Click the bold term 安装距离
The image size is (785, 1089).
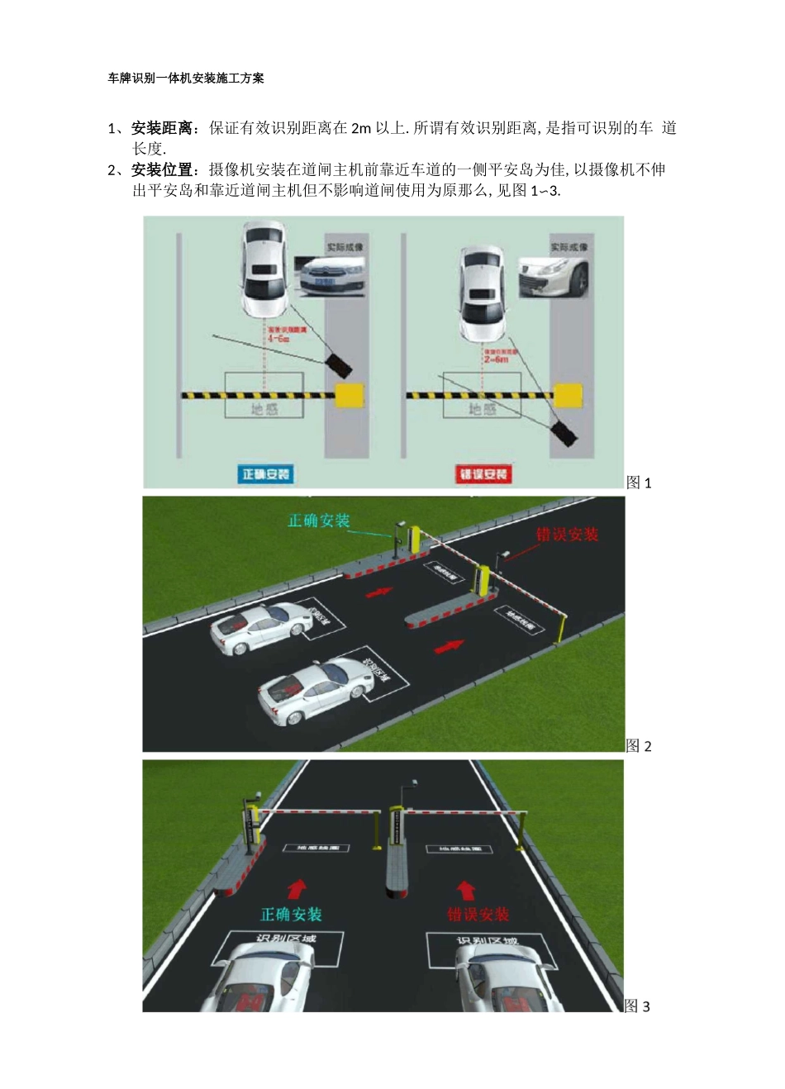click(x=162, y=128)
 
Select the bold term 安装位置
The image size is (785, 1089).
click(x=162, y=170)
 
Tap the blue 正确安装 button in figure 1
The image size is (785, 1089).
click(x=266, y=474)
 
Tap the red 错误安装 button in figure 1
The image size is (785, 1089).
click(x=484, y=474)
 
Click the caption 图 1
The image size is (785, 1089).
click(x=639, y=483)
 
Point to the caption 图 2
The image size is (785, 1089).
click(x=639, y=746)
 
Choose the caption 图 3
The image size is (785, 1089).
click(x=638, y=1006)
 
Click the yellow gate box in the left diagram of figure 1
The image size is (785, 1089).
click(x=350, y=395)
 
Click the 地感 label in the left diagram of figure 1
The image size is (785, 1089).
click(x=264, y=409)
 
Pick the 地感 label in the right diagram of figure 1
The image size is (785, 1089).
click(x=483, y=409)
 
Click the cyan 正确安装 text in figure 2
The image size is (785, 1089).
click(x=319, y=521)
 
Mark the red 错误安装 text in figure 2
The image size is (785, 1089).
click(x=567, y=535)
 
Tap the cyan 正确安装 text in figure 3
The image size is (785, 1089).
click(x=291, y=915)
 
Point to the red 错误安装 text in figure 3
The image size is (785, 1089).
click(x=478, y=915)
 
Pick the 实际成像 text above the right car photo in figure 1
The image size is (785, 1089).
click(x=569, y=247)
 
